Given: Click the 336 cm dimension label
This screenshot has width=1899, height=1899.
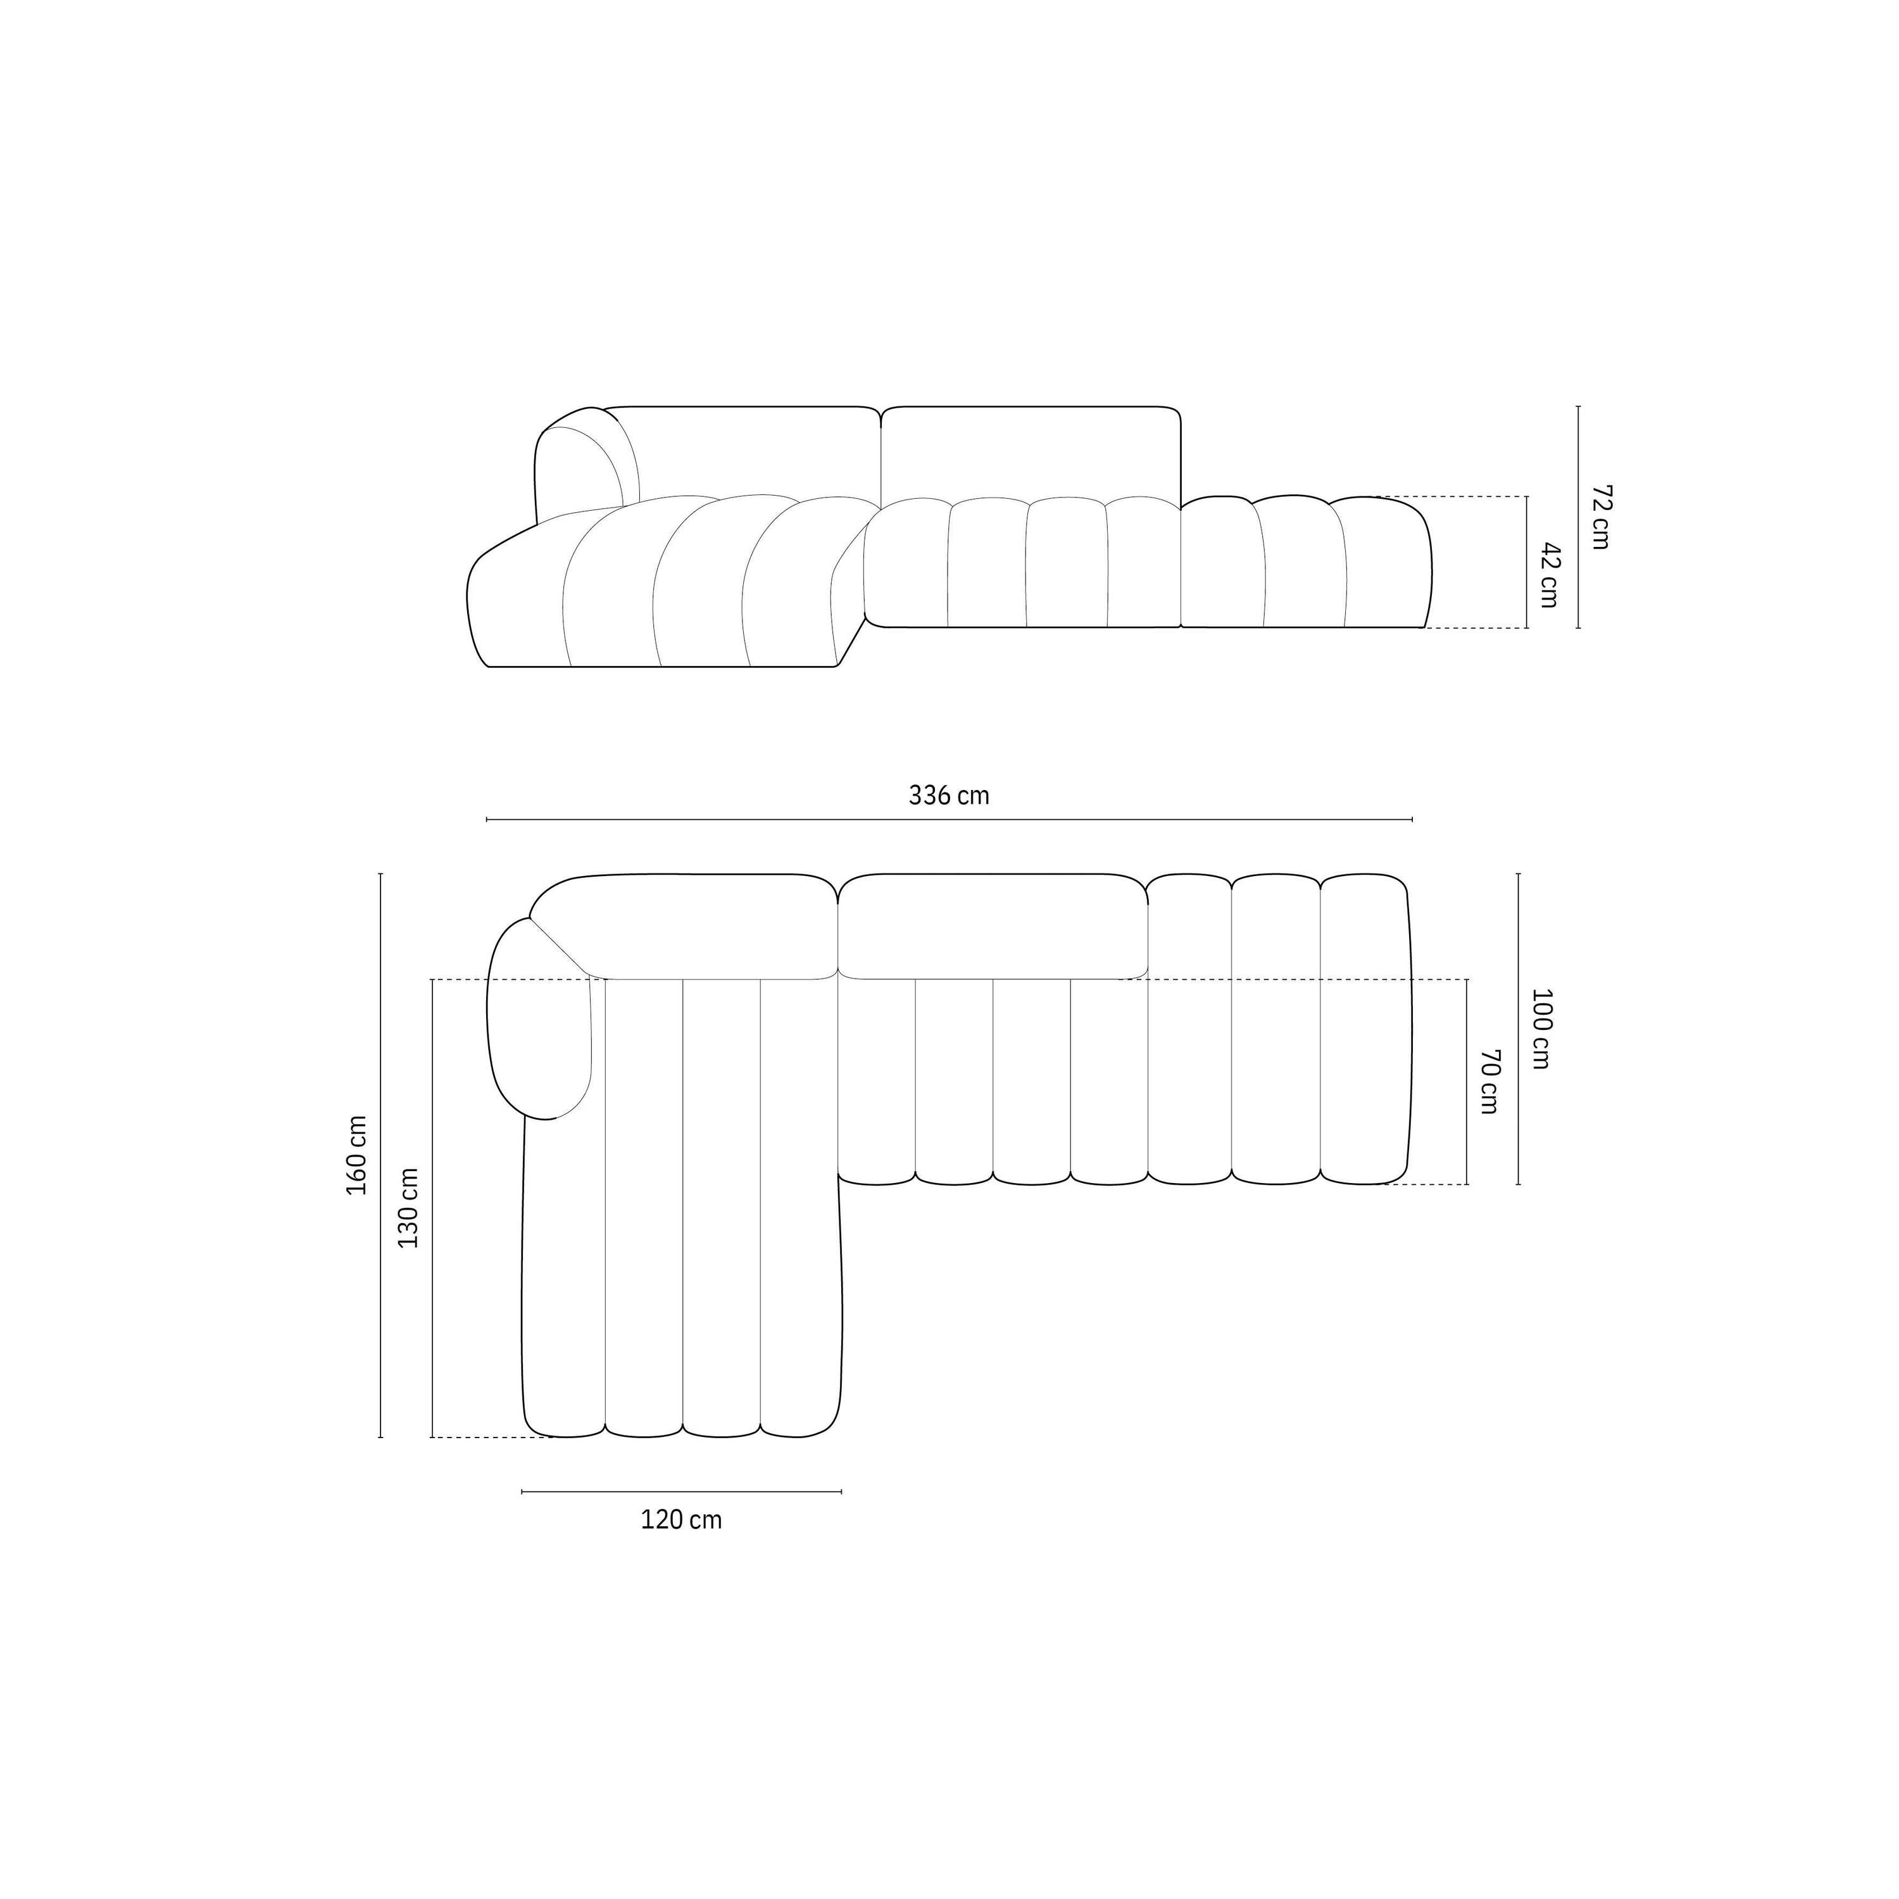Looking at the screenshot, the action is (948, 795).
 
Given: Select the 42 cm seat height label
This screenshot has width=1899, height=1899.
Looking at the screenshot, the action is (1549, 575).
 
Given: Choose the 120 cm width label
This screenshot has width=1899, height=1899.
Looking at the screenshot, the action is (681, 1520).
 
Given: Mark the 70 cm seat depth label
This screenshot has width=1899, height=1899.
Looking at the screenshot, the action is (1489, 1081).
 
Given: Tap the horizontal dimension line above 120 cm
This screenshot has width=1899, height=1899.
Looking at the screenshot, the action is (681, 1492).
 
